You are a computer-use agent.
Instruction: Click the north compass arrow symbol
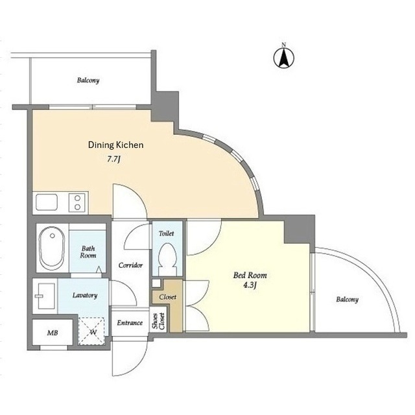coord(284,58)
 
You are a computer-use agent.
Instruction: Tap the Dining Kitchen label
coord(115,145)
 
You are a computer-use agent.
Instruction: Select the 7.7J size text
coord(114,160)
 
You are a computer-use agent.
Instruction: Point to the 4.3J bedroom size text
coord(250,285)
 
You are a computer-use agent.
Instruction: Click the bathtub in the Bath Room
coord(52,248)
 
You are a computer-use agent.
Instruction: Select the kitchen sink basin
coord(47,202)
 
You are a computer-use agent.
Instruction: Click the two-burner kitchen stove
coord(77,202)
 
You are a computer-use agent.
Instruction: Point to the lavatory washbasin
coord(45,296)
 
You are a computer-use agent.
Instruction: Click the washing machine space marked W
coord(91,331)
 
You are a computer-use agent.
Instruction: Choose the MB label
coord(53,333)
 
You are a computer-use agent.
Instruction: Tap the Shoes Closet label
coord(158,322)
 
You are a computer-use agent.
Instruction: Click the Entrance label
coord(130,323)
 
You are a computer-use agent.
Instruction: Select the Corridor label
coord(130,265)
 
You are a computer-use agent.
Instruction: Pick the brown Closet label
coord(168,297)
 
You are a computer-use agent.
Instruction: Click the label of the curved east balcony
coord(348,300)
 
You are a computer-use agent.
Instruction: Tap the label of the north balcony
coord(88,80)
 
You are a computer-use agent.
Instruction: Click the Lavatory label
coord(85,295)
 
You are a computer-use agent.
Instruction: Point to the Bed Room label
coord(250,275)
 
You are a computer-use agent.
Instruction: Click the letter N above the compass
coord(284,45)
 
